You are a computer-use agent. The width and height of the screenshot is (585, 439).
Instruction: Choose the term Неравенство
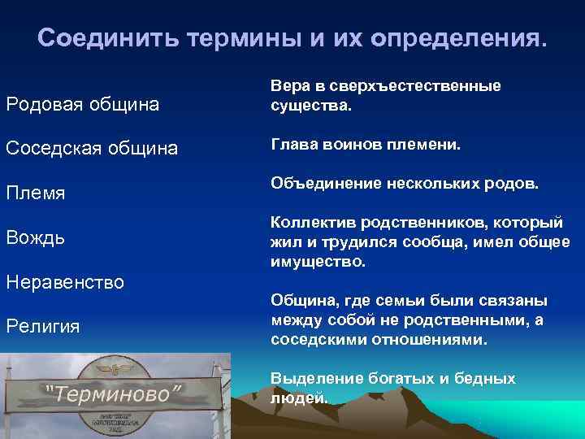pyautogui.click(x=65, y=282)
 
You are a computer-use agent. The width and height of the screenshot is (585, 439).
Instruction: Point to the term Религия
pyautogui.click(x=42, y=326)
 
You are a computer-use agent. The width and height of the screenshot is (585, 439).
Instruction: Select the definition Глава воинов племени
pyautogui.click(x=366, y=145)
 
